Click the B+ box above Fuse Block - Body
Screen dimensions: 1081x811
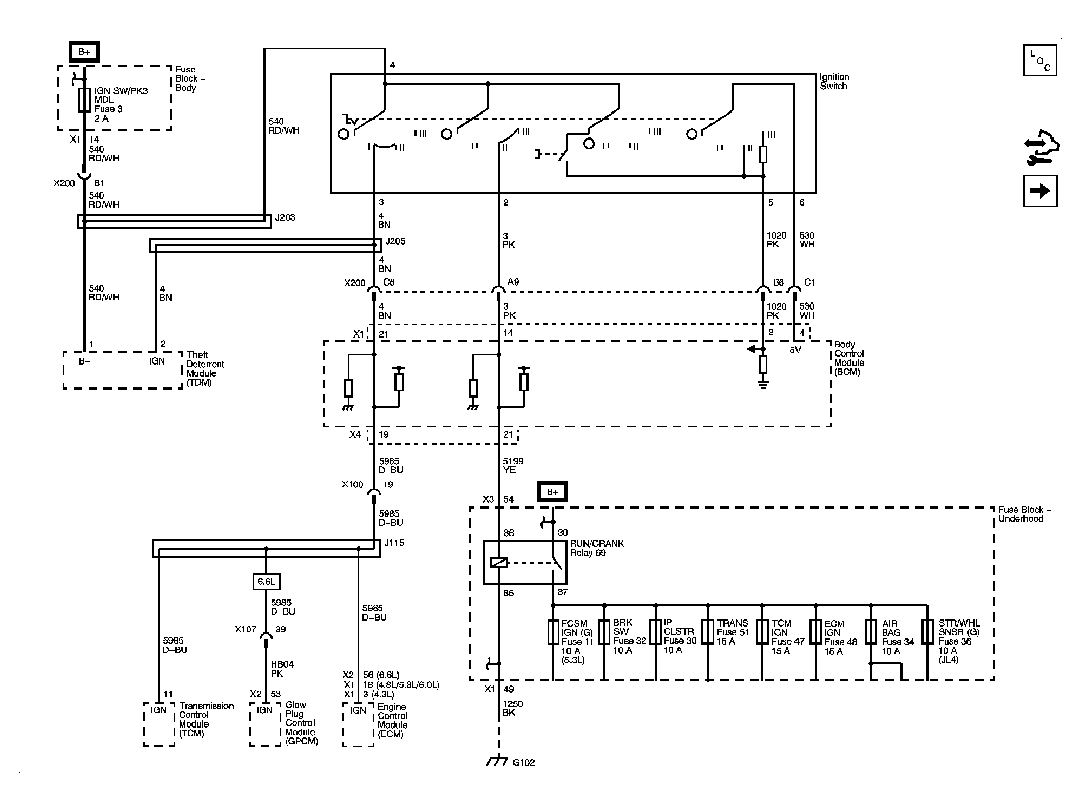pos(84,52)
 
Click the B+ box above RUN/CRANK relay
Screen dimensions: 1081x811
pos(553,492)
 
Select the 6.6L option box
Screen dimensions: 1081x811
pos(266,581)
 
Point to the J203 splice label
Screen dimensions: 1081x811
pos(285,217)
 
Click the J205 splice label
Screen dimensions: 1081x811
pos(395,241)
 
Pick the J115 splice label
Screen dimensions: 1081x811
pos(394,543)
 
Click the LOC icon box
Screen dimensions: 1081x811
pos(1040,60)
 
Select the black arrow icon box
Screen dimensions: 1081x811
pos(1040,191)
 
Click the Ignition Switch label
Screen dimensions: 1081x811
pos(834,81)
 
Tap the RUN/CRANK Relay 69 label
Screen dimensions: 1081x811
pos(597,548)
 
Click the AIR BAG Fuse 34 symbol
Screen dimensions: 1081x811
pos(871,632)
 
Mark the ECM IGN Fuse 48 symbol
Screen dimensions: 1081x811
pos(816,632)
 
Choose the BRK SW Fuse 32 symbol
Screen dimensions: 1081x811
pos(604,632)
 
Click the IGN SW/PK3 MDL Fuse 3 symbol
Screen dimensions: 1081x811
pos(84,100)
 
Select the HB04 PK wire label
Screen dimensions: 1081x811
pos(282,669)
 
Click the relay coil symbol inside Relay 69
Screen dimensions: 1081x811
pos(499,563)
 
